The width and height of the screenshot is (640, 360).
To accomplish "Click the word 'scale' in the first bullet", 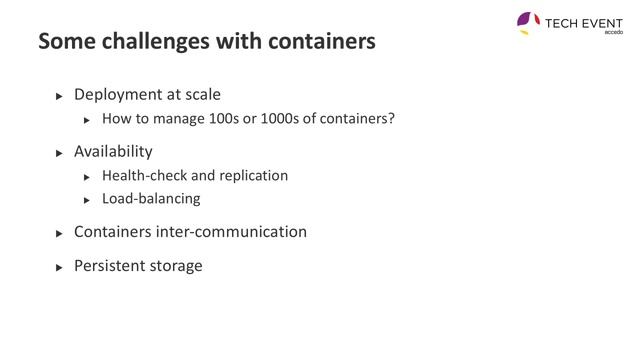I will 201,95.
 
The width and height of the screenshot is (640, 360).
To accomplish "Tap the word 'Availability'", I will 113,152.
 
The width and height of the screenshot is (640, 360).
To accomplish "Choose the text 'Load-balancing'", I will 151,199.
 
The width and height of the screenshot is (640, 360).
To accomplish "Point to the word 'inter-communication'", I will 232,232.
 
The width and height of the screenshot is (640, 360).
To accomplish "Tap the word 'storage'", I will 178,266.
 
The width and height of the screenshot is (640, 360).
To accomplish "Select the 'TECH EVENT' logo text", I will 583,21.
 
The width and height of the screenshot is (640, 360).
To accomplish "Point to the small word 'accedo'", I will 614,32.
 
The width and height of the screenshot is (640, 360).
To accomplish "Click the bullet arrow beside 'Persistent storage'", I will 58,267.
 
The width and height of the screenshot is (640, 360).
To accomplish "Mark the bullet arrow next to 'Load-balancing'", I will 87,200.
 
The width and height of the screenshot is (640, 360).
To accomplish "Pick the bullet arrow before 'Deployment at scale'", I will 58,96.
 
